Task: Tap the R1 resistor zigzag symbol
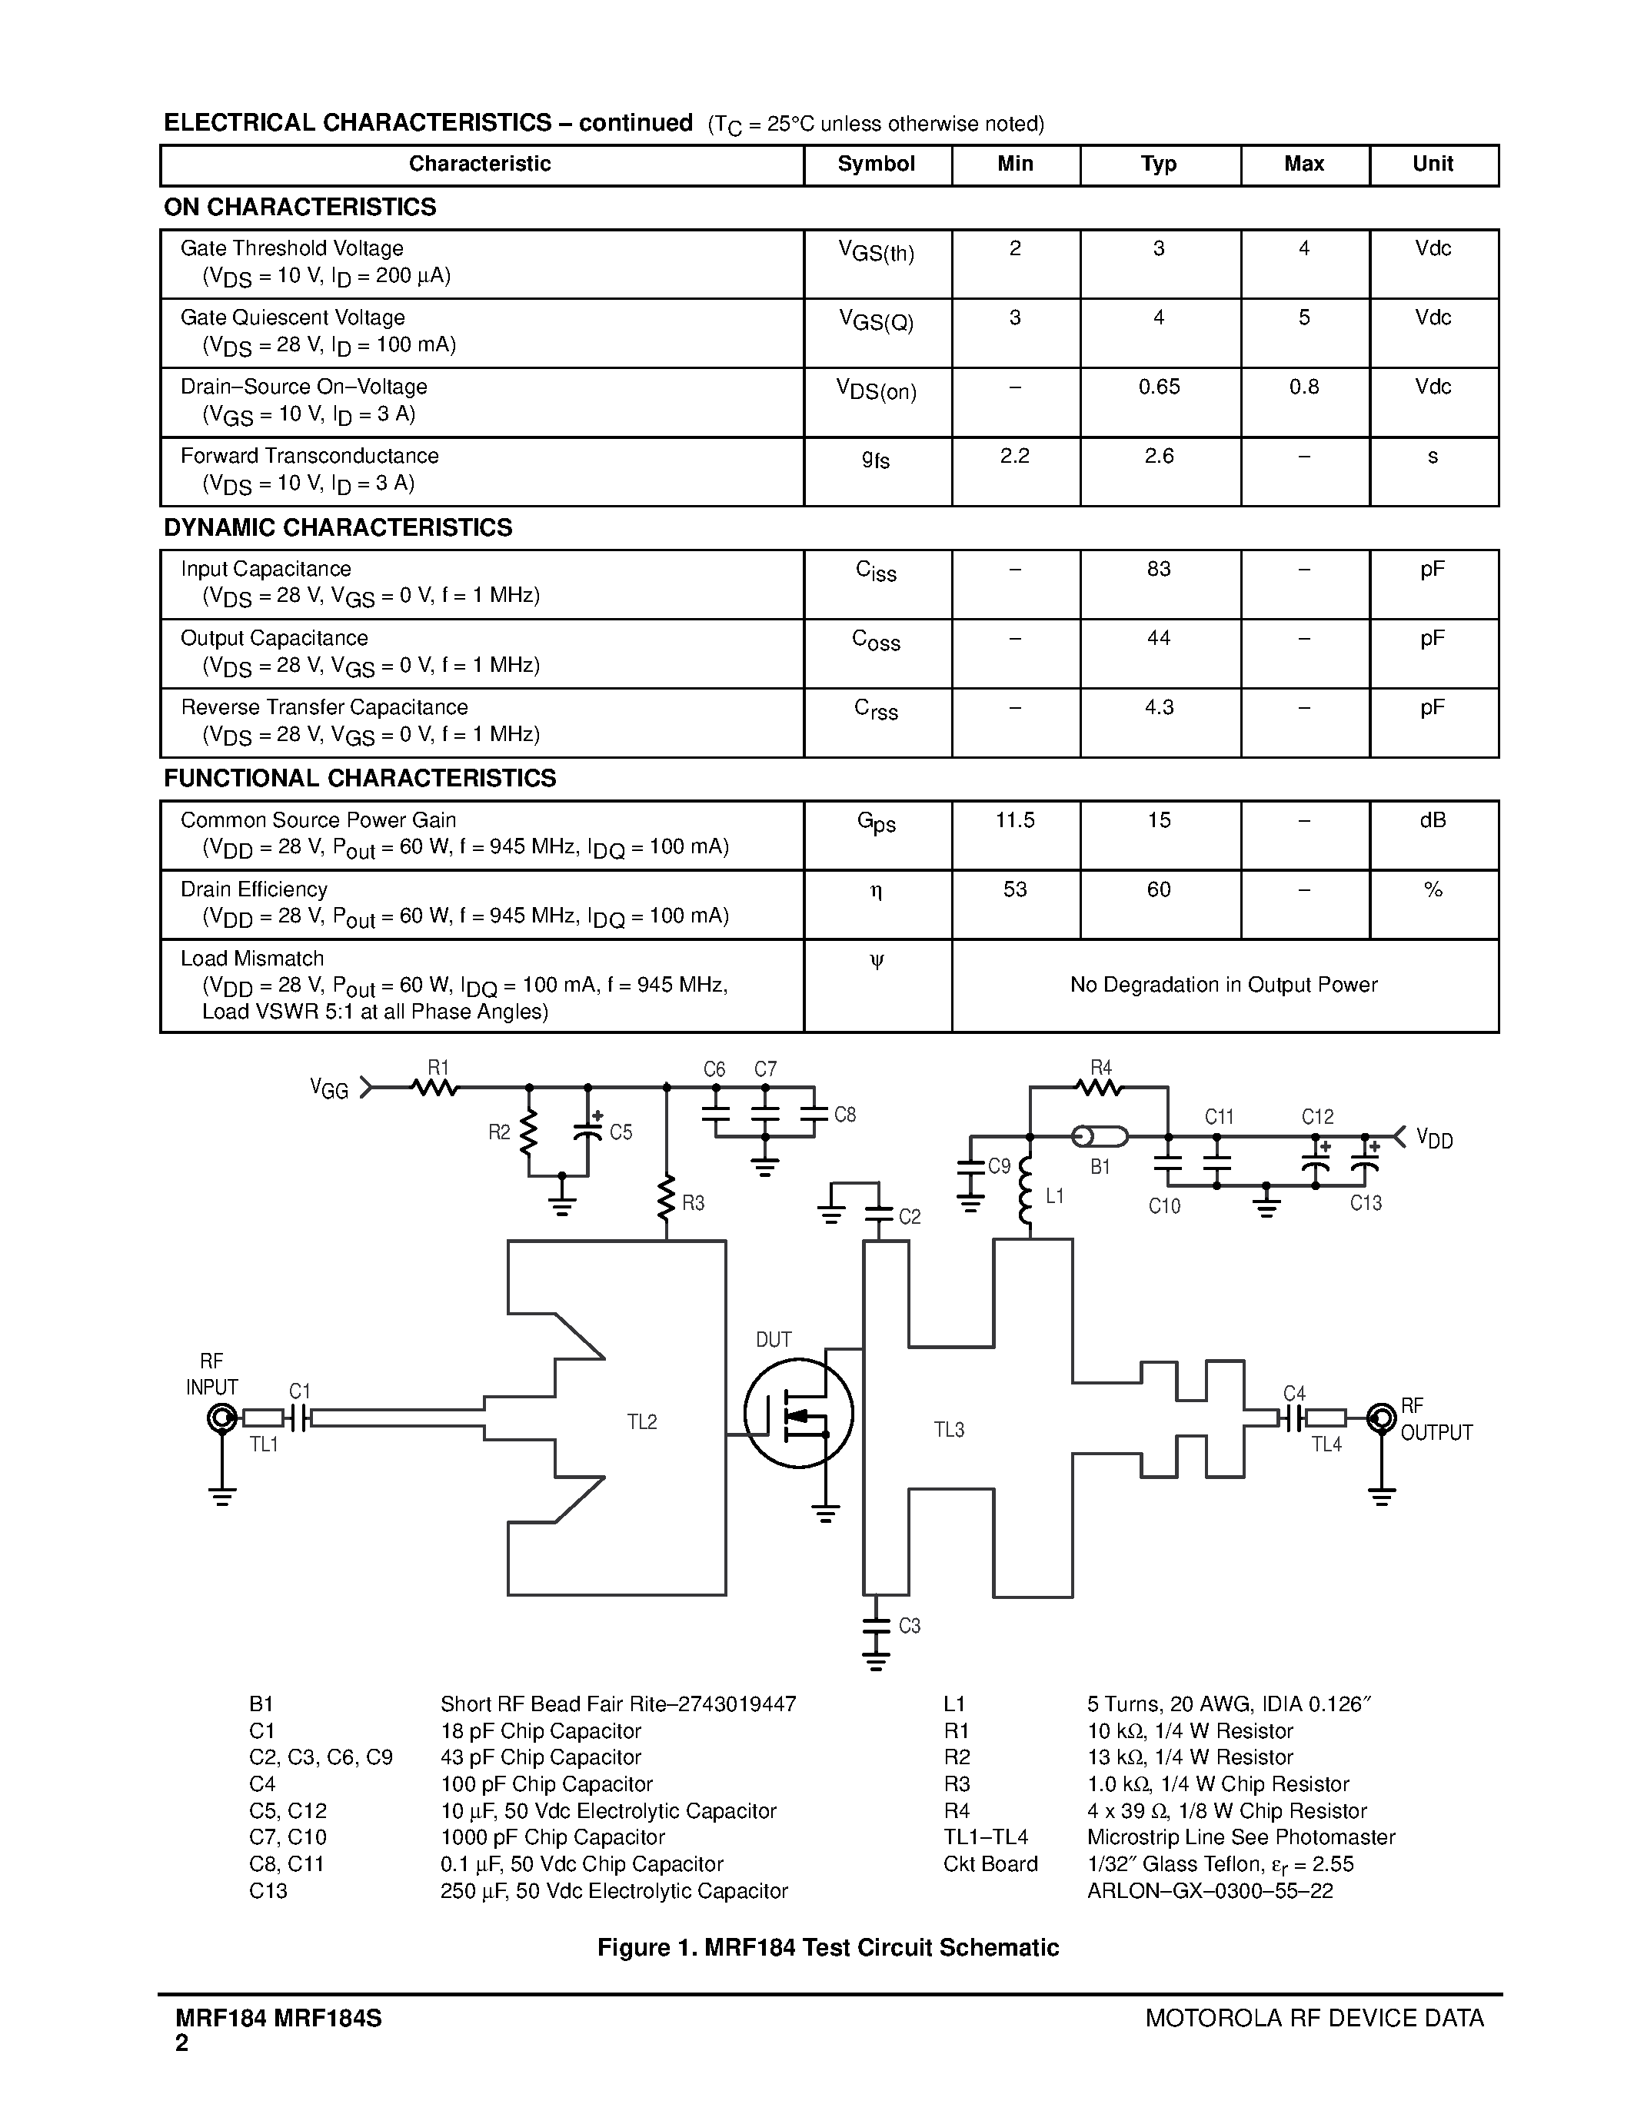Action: [434, 1088]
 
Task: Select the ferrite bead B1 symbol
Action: [1100, 1136]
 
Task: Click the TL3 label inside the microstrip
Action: [949, 1430]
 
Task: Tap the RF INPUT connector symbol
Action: [221, 1419]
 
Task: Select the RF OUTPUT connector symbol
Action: [1381, 1419]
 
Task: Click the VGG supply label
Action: [329, 1089]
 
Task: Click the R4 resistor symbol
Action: [1100, 1088]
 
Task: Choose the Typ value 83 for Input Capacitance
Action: [1159, 569]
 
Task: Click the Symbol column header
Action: [876, 164]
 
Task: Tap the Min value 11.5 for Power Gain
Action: [1014, 821]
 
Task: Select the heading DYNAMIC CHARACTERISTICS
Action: [338, 527]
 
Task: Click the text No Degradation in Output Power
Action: [1223, 985]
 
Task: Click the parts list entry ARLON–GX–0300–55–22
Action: [1210, 1890]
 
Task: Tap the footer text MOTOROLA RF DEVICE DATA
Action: [1313, 2018]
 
